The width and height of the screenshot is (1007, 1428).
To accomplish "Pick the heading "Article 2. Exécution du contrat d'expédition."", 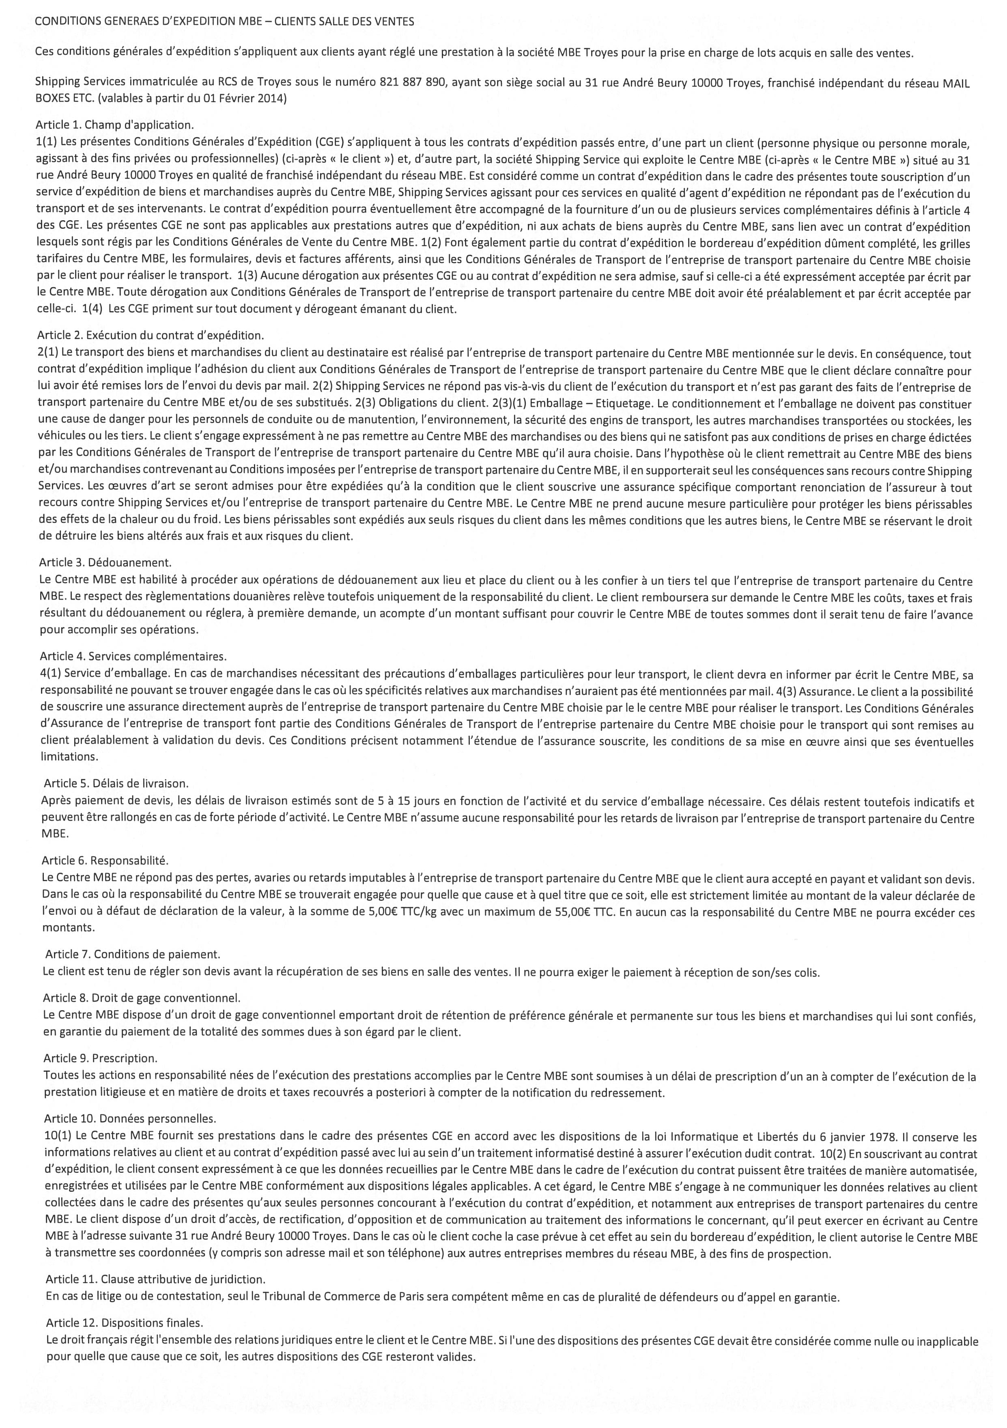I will [x=151, y=336].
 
